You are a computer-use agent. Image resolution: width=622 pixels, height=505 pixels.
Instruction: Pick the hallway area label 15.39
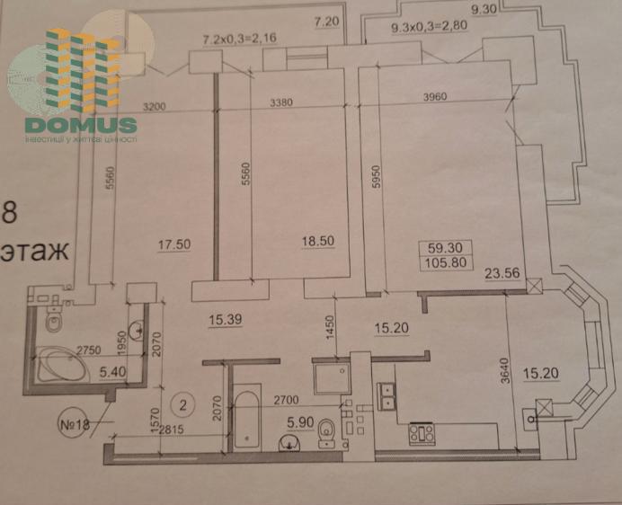click(x=227, y=320)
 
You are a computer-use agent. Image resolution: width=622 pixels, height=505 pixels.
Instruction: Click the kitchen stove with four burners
click(x=422, y=433)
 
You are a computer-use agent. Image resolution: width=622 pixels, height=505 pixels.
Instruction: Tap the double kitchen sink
click(x=388, y=396)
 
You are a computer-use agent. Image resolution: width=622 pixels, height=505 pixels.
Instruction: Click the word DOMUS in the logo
click(x=81, y=126)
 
